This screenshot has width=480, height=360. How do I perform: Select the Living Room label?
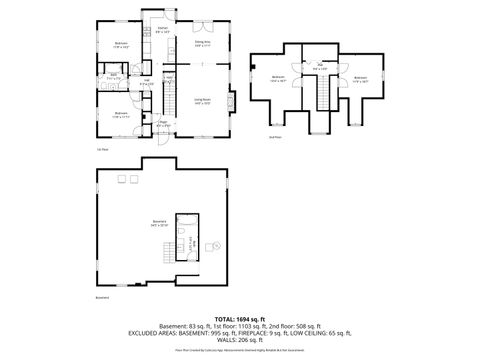click(x=201, y=102)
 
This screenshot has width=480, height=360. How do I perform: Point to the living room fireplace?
click(x=230, y=102)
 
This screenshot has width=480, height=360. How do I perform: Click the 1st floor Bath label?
click(x=113, y=78)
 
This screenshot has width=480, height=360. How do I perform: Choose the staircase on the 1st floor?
click(x=169, y=95)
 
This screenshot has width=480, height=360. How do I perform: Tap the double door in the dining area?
click(x=201, y=18)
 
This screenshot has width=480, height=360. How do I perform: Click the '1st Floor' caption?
click(x=102, y=149)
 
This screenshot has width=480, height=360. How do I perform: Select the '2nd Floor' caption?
click(x=275, y=137)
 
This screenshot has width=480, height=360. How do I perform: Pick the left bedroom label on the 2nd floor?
click(x=279, y=79)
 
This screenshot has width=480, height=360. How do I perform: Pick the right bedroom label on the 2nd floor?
click(x=360, y=79)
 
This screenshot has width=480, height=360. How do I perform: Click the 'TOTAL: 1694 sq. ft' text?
click(x=239, y=319)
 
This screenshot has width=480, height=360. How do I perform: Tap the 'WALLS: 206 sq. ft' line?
click(x=239, y=342)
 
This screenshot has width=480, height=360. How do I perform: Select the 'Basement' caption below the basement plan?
click(x=102, y=297)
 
